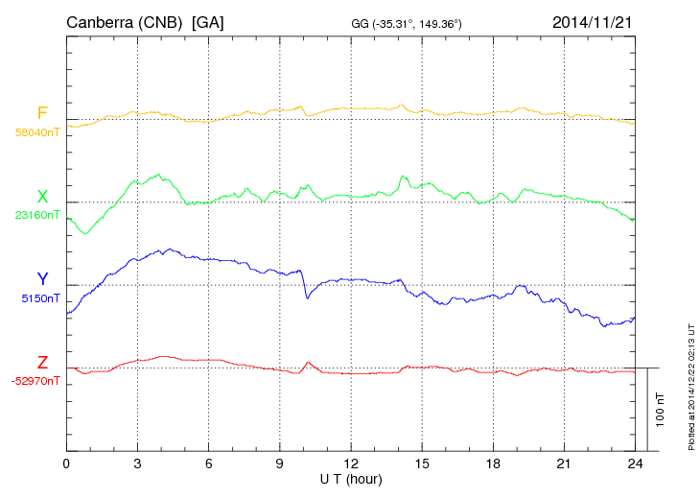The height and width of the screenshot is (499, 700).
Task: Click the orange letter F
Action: [42, 113]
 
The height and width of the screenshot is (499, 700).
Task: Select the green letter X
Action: [42, 197]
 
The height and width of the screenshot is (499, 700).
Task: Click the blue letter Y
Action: [42, 279]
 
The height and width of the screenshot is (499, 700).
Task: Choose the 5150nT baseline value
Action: [40, 298]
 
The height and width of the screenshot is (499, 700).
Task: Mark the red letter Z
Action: [42, 363]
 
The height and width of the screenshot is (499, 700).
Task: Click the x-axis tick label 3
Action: [138, 463]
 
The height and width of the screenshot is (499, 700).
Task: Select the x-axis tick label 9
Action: [280, 463]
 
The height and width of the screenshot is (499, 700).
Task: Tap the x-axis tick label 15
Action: [422, 463]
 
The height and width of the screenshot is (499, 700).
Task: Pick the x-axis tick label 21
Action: [564, 463]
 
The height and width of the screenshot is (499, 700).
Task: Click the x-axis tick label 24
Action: [635, 463]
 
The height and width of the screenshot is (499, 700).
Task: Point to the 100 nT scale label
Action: [661, 410]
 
